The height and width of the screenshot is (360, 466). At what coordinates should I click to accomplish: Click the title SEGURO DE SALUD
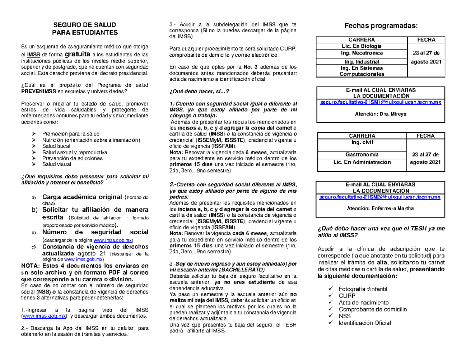point(84,24)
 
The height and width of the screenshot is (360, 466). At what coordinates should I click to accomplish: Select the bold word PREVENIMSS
point(38,91)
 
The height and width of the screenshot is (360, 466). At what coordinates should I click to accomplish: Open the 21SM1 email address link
point(380,102)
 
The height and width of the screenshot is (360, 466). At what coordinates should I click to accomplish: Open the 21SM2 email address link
point(379,197)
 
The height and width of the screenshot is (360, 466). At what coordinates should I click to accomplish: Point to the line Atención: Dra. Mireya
point(379,114)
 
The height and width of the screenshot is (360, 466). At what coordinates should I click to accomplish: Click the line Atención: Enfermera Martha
point(380,208)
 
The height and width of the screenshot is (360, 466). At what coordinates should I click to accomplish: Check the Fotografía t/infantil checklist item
point(363,289)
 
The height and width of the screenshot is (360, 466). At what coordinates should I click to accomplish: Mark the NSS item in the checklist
point(344,316)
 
